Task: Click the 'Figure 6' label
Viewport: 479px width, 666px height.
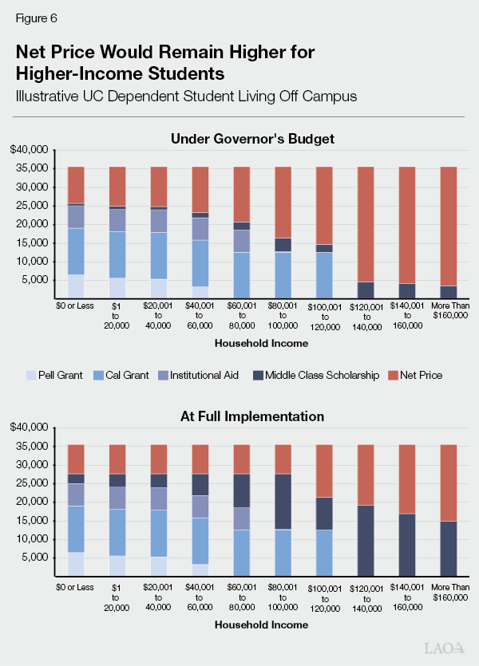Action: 36,17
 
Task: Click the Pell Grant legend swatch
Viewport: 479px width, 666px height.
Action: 32,375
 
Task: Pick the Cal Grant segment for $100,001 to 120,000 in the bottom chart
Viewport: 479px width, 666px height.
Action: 324,553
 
